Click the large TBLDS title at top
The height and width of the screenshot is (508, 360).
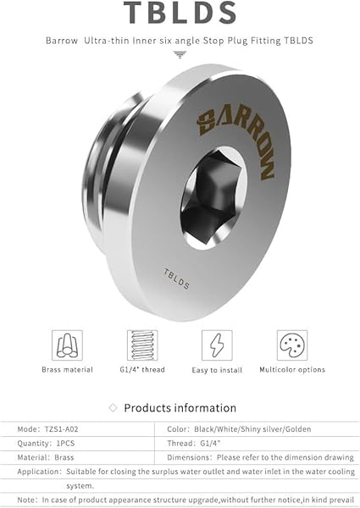click(x=180, y=14)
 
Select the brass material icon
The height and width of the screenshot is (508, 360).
click(x=68, y=345)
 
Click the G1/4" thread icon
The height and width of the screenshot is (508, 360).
click(x=141, y=345)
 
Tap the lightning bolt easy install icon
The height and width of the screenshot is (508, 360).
click(x=216, y=345)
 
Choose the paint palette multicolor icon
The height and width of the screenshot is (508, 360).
click(x=291, y=345)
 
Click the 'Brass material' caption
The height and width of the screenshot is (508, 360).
click(x=68, y=370)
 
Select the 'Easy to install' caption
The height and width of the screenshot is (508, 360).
click(x=216, y=370)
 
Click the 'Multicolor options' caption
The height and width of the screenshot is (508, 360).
click(x=291, y=370)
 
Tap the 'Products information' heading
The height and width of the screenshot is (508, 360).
click(x=180, y=408)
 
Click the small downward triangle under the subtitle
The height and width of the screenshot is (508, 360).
click(x=180, y=54)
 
